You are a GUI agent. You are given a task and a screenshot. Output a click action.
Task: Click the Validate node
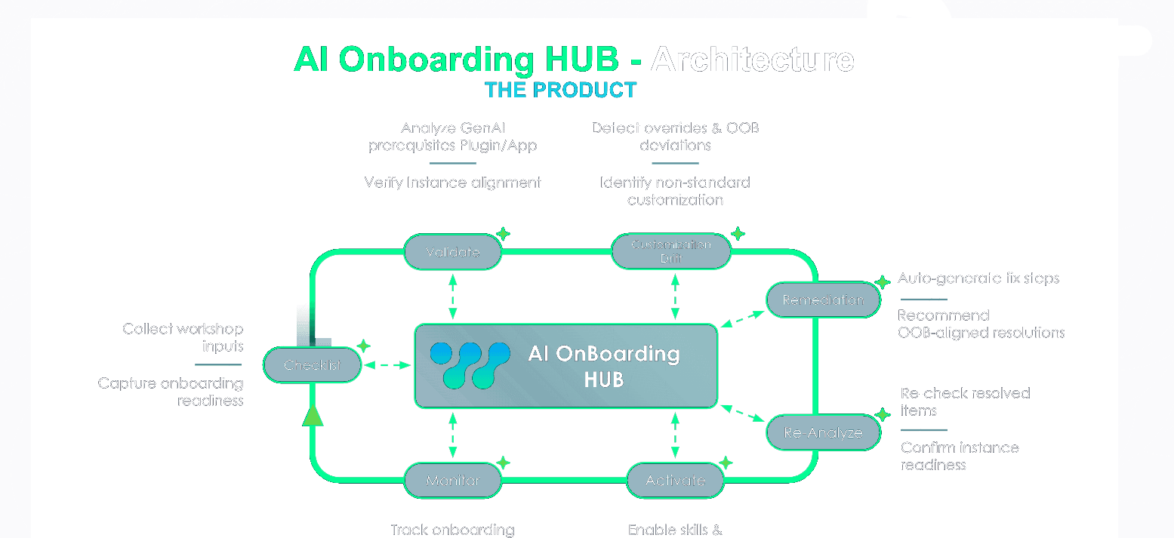tap(452, 252)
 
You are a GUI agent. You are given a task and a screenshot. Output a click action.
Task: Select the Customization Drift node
tap(670, 251)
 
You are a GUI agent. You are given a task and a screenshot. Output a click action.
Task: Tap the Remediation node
tap(823, 300)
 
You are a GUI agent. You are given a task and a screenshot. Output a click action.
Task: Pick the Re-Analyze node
tap(823, 433)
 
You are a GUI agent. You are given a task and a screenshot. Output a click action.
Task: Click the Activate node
tap(675, 481)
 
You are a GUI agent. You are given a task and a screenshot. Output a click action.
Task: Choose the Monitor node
tap(452, 481)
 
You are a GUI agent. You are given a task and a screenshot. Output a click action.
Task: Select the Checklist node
tap(313, 365)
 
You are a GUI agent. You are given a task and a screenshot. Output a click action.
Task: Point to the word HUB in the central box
tap(603, 380)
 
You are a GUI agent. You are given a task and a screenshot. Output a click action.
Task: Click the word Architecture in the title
tap(752, 59)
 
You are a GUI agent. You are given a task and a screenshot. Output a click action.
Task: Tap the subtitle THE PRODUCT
tap(560, 91)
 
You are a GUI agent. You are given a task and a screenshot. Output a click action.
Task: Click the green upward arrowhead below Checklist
tap(313, 415)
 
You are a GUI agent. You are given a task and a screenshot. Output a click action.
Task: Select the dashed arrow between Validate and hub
tap(452, 296)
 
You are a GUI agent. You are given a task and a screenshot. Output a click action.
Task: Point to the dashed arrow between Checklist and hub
tap(387, 365)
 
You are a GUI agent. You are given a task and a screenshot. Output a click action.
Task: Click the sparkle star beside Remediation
tap(883, 282)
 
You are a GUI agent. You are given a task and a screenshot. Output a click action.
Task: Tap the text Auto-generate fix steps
tap(978, 278)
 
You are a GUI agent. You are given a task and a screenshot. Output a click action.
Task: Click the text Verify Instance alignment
tap(452, 183)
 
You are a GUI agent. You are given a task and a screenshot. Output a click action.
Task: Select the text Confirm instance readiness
tap(959, 456)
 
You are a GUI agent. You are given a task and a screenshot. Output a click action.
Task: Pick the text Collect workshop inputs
tap(183, 337)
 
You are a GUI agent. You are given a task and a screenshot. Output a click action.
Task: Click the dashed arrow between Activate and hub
tap(675, 435)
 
